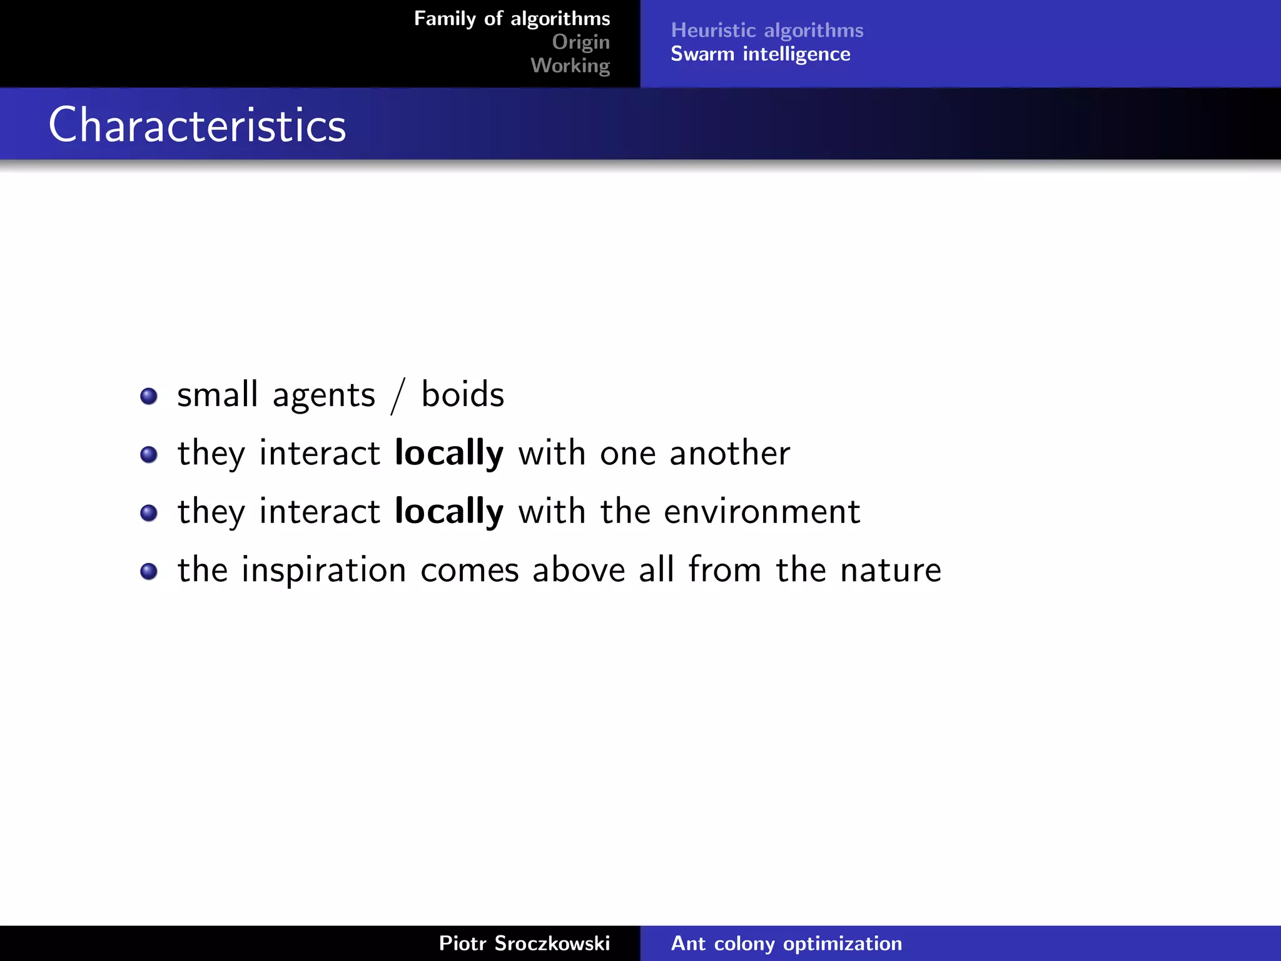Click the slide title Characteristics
pos(197,125)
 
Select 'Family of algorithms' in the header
pos(512,19)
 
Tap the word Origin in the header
pos(580,42)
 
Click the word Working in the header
pos(570,66)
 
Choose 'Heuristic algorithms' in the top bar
pos(767,30)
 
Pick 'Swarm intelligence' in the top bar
pos(760,54)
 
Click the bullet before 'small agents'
pos(149,396)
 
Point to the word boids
pos(462,395)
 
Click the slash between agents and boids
pos(398,396)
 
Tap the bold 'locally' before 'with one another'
pos(448,453)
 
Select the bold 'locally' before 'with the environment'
pos(448,512)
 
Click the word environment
pos(761,512)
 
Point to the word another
pos(729,453)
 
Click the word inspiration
pos(323,570)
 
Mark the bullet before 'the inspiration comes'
pos(149,571)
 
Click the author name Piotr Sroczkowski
pos(524,943)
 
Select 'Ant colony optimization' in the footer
pos(786,943)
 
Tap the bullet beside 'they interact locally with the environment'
pos(149,513)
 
